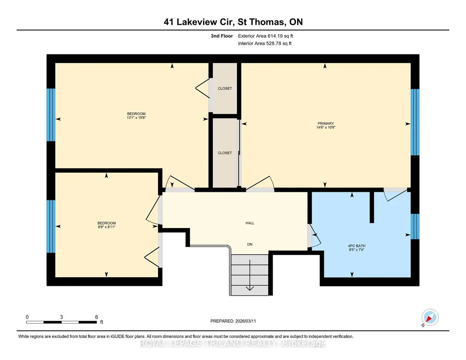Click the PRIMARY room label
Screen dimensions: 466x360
(x=325, y=123)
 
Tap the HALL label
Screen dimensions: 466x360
(x=250, y=223)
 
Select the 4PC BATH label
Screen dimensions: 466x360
(x=356, y=246)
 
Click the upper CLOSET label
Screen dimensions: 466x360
(x=225, y=88)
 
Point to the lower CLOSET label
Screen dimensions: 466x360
(x=225, y=153)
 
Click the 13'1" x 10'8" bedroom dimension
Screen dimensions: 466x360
(x=136, y=118)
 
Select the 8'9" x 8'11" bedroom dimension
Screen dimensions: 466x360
(x=106, y=227)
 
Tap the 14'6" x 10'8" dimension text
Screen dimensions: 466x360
(x=326, y=127)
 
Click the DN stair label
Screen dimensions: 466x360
(x=250, y=244)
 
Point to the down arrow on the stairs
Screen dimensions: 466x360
(x=250, y=275)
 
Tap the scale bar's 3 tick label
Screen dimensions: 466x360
(x=61, y=317)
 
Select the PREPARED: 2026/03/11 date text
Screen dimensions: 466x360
(x=233, y=321)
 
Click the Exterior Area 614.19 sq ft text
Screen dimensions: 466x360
(x=266, y=36)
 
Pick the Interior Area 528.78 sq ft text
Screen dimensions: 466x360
(x=264, y=43)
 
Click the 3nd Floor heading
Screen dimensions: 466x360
(x=222, y=36)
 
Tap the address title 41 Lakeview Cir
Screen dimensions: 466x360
(x=198, y=22)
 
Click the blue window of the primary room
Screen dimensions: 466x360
(x=415, y=122)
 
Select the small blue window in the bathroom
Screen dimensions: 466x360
(x=415, y=226)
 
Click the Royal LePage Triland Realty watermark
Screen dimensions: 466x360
(x=233, y=343)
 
